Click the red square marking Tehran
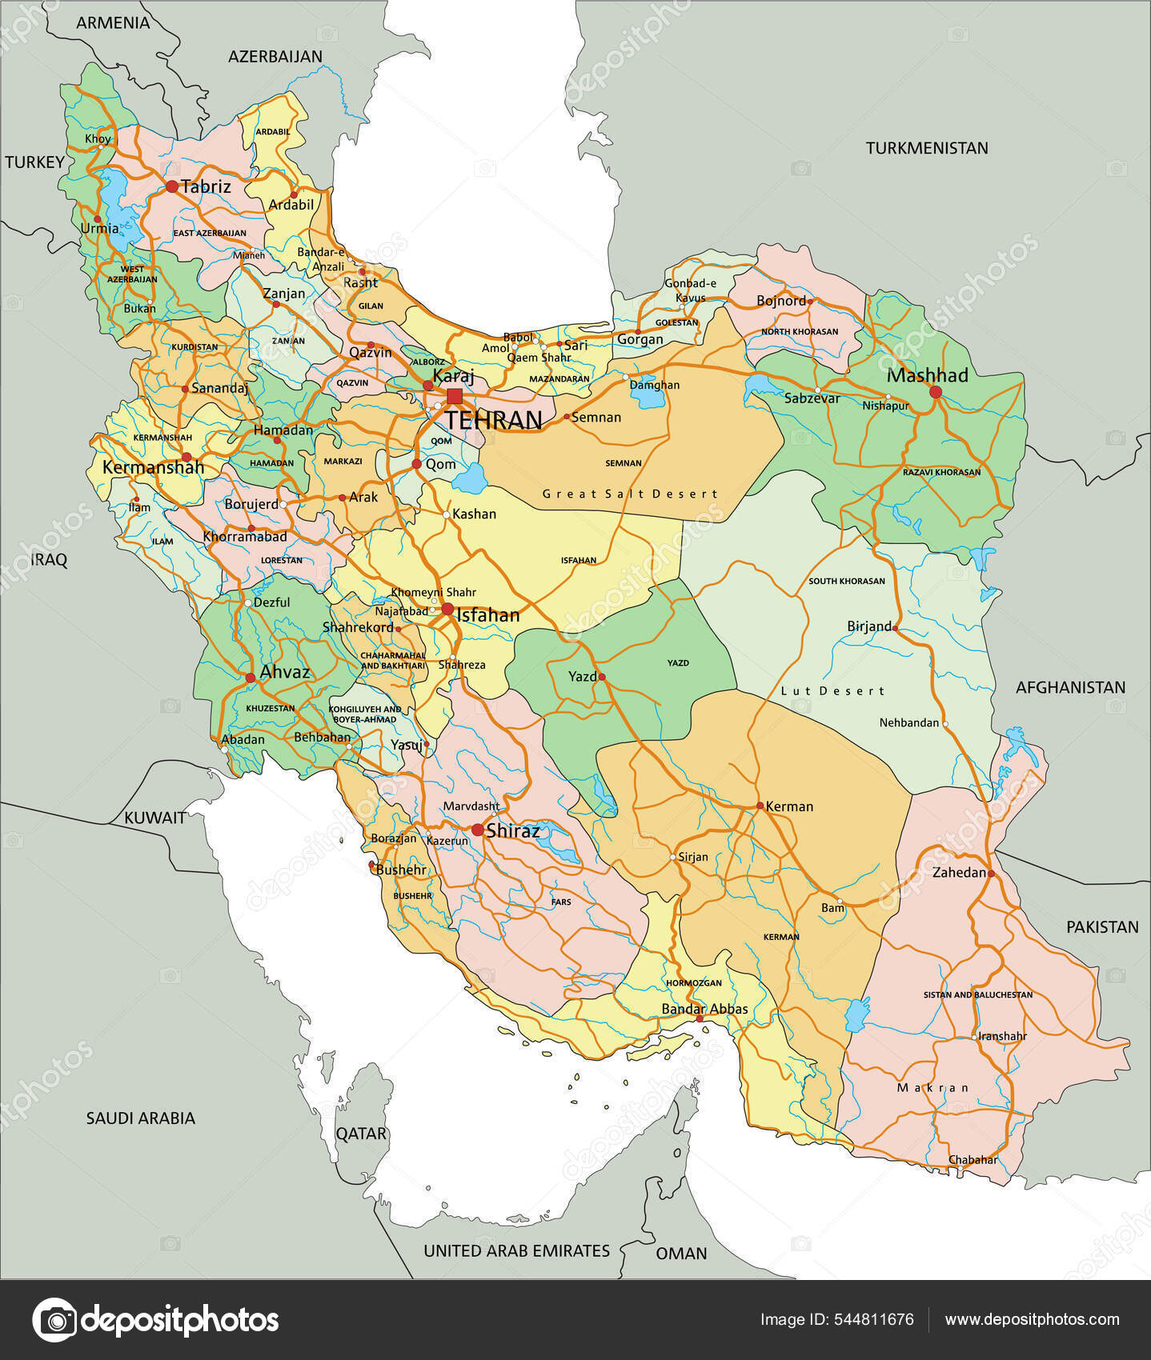point(455,396)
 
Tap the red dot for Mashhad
point(935,392)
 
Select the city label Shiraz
point(512,831)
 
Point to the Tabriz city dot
point(172,186)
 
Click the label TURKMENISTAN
point(926,148)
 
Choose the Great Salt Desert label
point(630,494)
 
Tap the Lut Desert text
point(832,690)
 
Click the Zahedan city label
point(958,873)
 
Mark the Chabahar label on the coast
point(973,1159)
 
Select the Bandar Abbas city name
point(704,1009)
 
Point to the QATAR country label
point(361,1134)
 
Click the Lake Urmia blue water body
point(114,200)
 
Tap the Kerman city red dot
point(760,806)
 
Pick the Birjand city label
point(868,626)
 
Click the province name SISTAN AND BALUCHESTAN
point(977,994)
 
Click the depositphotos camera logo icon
point(54,1319)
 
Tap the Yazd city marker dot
point(602,677)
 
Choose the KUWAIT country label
point(154,818)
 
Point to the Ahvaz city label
point(285,672)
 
